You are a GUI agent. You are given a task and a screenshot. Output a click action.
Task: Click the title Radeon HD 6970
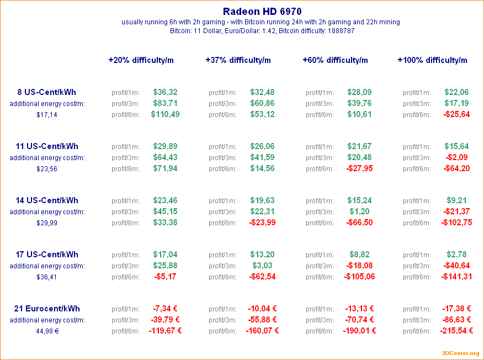point(262,11)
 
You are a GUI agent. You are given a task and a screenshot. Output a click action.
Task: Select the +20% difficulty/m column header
point(141,60)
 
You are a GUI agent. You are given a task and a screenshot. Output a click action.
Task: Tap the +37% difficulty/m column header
point(238,60)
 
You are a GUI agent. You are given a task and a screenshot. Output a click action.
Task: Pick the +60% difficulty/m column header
point(335,60)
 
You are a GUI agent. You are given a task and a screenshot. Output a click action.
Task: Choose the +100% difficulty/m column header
point(432,60)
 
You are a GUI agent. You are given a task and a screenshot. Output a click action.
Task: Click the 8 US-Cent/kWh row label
point(47,92)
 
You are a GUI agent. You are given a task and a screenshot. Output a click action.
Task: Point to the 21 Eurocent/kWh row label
point(47,309)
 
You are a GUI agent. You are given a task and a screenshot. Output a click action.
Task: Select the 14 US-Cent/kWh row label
point(47,200)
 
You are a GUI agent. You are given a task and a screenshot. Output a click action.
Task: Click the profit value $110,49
point(165,114)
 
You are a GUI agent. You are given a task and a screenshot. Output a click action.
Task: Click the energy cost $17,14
point(47,115)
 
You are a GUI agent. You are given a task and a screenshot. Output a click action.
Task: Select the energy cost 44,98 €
point(47,331)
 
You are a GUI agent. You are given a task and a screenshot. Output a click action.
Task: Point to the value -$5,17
point(165,277)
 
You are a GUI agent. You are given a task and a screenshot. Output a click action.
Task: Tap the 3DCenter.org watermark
point(460,353)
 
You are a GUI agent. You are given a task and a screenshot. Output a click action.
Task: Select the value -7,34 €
point(165,309)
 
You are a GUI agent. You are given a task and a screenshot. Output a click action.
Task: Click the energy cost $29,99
point(47,223)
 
